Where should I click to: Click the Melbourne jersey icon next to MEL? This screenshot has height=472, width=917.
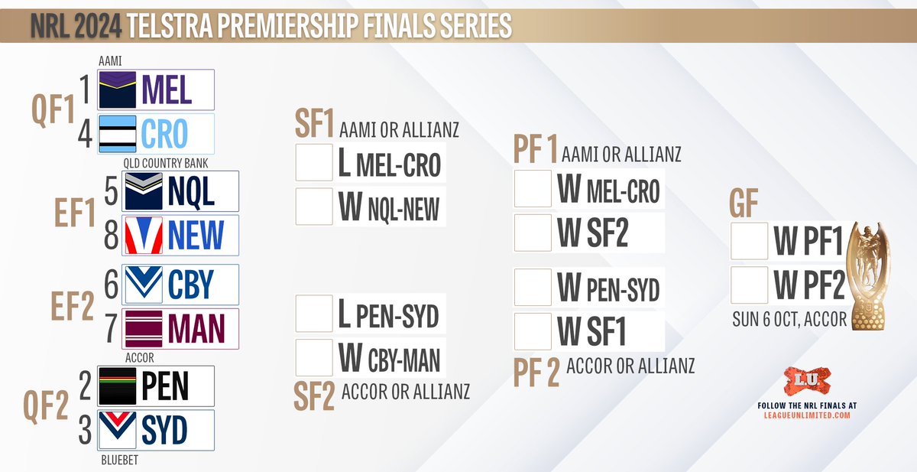pyautogui.click(x=118, y=90)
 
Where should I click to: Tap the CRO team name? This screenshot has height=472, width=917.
pyautogui.click(x=164, y=134)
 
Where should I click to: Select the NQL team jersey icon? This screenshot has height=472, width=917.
pyautogui.click(x=144, y=191)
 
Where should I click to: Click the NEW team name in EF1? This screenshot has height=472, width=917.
pyautogui.click(x=196, y=235)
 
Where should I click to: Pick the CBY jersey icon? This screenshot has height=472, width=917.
pyautogui.click(x=144, y=285)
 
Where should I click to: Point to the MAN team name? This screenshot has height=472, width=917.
pyautogui.click(x=196, y=329)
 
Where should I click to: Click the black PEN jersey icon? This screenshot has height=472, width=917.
pyautogui.click(x=118, y=386)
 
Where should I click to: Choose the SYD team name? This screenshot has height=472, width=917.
pyautogui.click(x=164, y=430)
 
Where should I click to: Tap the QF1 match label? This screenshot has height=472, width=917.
pyautogui.click(x=53, y=109)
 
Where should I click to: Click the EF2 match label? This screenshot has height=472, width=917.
pyautogui.click(x=73, y=306)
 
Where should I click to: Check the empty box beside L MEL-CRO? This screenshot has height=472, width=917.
pyautogui.click(x=314, y=162)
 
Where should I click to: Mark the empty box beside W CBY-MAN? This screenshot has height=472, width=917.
pyautogui.click(x=314, y=358)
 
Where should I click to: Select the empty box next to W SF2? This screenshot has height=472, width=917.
pyautogui.click(x=533, y=233)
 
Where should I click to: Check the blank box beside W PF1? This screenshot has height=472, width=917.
pyautogui.click(x=749, y=241)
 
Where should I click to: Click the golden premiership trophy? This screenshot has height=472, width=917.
pyautogui.click(x=868, y=275)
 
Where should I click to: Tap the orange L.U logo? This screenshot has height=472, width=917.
pyautogui.click(x=807, y=380)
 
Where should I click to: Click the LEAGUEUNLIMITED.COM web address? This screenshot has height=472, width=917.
pyautogui.click(x=807, y=415)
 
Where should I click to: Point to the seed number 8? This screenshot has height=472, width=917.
pyautogui.click(x=111, y=235)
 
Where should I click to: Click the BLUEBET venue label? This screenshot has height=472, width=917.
pyautogui.click(x=119, y=460)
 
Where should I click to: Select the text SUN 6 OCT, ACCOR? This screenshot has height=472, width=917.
pyautogui.click(x=789, y=319)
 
